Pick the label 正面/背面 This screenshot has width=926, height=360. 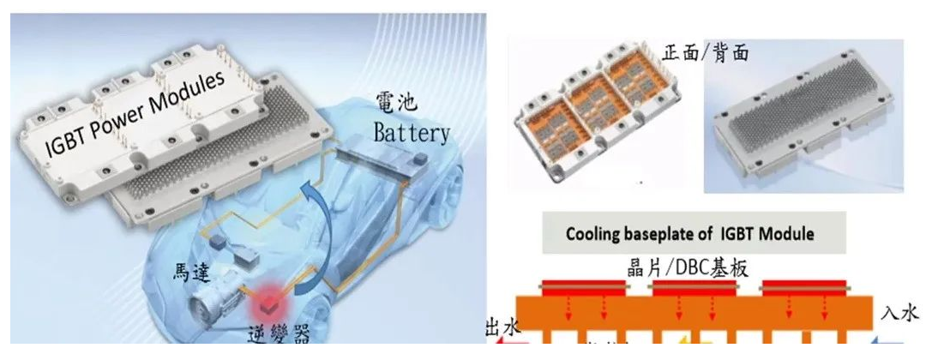click(x=707, y=53)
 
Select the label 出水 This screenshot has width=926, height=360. click(x=502, y=328)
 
